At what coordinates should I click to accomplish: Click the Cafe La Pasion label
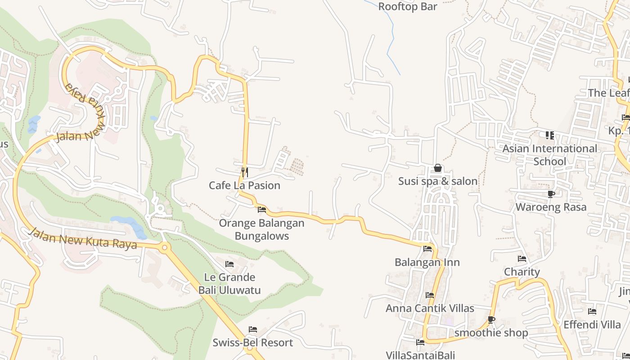coord(244,185)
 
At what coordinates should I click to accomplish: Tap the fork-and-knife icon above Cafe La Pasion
coord(244,171)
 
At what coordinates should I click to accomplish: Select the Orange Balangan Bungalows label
coord(261,229)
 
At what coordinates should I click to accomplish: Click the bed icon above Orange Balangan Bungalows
coord(261,210)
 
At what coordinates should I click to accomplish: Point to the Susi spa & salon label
coord(437,181)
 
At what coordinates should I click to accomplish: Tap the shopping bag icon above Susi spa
coord(437,168)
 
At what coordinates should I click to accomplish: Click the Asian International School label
coord(549,155)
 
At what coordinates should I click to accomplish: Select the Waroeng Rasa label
coord(551,207)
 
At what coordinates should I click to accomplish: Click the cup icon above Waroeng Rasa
coord(551,194)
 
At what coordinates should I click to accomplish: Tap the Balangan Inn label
coord(427,262)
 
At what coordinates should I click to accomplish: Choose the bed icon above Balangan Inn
coord(427,248)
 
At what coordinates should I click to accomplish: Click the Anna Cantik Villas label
coord(430,308)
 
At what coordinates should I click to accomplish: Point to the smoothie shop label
coord(491,333)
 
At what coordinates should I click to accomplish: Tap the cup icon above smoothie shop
coord(491,320)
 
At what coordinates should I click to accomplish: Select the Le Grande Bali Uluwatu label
coord(229,283)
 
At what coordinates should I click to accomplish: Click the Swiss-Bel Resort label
coord(252,343)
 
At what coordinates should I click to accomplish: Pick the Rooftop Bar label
coord(407,7)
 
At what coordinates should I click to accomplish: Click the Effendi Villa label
coord(592,324)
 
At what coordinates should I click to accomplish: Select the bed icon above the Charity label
coord(522,259)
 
